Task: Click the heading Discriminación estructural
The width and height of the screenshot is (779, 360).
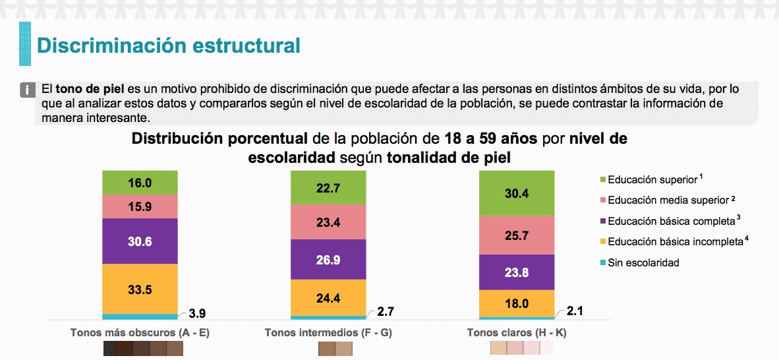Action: click(169, 45)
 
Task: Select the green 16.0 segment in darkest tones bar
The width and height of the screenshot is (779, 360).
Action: click(140, 183)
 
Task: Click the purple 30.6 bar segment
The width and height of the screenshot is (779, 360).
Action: click(140, 241)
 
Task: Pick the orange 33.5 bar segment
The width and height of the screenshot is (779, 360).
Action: click(140, 289)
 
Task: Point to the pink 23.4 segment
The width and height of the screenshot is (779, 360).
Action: click(328, 222)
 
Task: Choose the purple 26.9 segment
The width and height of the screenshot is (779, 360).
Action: click(328, 260)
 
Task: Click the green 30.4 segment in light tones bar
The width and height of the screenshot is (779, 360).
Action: click(517, 193)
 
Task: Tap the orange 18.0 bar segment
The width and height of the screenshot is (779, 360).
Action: click(517, 303)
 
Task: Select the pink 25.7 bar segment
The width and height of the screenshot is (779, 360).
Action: click(517, 235)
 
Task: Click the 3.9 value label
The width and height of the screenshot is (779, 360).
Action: click(197, 313)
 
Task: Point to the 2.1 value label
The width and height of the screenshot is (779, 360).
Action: click(575, 312)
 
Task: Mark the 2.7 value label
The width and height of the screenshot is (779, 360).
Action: click(386, 312)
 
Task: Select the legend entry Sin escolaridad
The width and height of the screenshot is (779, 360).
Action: click(643, 262)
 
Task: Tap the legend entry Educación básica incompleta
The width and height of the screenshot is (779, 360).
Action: click(675, 241)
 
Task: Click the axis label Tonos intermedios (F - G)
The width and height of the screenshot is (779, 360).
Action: click(328, 333)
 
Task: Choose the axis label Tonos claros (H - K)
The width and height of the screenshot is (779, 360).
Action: click(517, 333)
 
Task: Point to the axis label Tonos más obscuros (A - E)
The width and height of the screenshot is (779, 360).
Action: click(140, 333)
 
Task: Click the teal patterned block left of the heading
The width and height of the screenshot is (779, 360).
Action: click(24, 44)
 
